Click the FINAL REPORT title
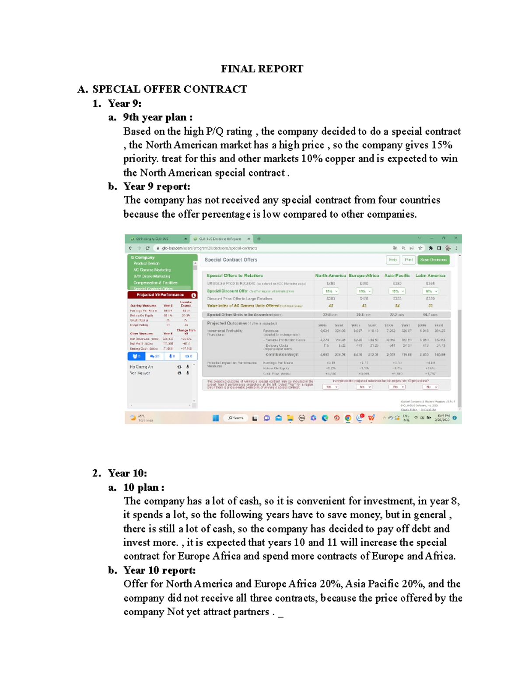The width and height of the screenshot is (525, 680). pos(262,69)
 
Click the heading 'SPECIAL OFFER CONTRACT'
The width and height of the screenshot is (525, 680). pos(169,89)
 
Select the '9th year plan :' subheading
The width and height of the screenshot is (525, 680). pos(157,117)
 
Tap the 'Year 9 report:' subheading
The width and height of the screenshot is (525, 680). pos(157,187)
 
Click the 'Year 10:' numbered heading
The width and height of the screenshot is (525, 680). pos(127,473)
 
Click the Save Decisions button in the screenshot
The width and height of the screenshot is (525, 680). pos(433,260)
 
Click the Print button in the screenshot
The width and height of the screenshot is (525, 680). pos(409,260)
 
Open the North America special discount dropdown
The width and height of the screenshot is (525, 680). pos(330,291)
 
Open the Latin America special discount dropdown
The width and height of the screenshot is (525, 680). pos(430,291)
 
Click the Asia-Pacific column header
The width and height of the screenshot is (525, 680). pos(397,275)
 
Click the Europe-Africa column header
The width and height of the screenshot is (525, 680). pos(364,275)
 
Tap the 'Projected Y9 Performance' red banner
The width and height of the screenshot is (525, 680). pos(161,295)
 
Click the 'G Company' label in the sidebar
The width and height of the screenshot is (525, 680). pos(143,257)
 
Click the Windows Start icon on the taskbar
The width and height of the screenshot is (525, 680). pos(216,418)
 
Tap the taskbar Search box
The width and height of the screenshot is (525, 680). pos(236,418)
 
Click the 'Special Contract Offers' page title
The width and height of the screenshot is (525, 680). pos(231,260)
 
